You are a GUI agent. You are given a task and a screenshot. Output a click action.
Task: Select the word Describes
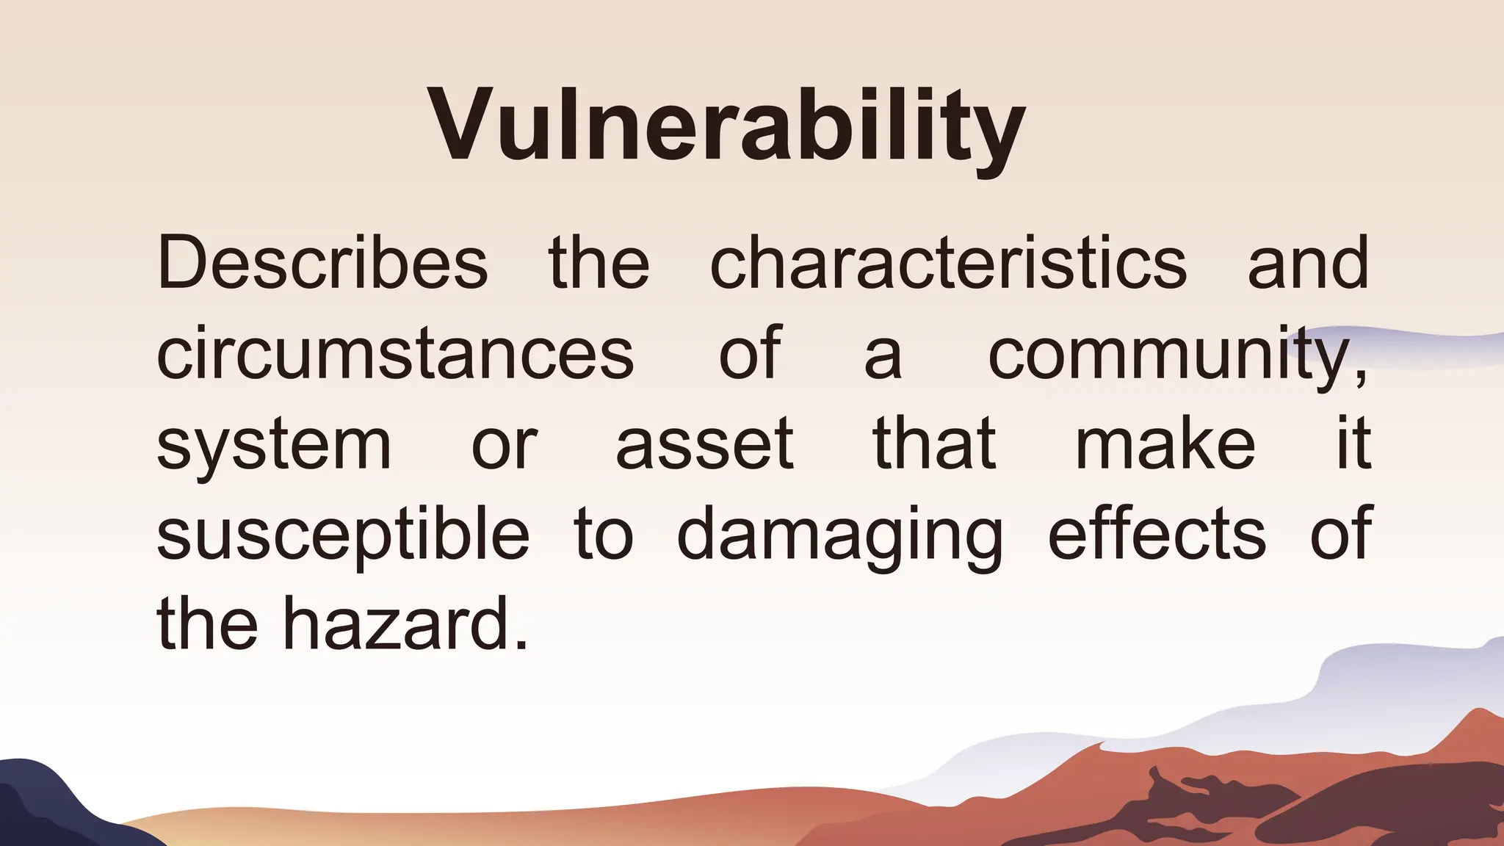point(322,263)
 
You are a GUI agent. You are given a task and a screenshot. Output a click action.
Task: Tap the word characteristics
point(948,263)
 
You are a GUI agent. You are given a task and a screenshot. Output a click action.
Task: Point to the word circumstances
point(395,354)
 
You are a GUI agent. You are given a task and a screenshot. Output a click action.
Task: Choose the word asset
point(704,444)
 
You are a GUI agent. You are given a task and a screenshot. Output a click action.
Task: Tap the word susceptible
point(343,535)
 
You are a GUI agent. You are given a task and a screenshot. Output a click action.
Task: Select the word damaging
point(839,535)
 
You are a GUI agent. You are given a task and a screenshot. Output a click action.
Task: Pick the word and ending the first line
point(1308,263)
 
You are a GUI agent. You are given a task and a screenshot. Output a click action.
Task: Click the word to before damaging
point(603,535)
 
